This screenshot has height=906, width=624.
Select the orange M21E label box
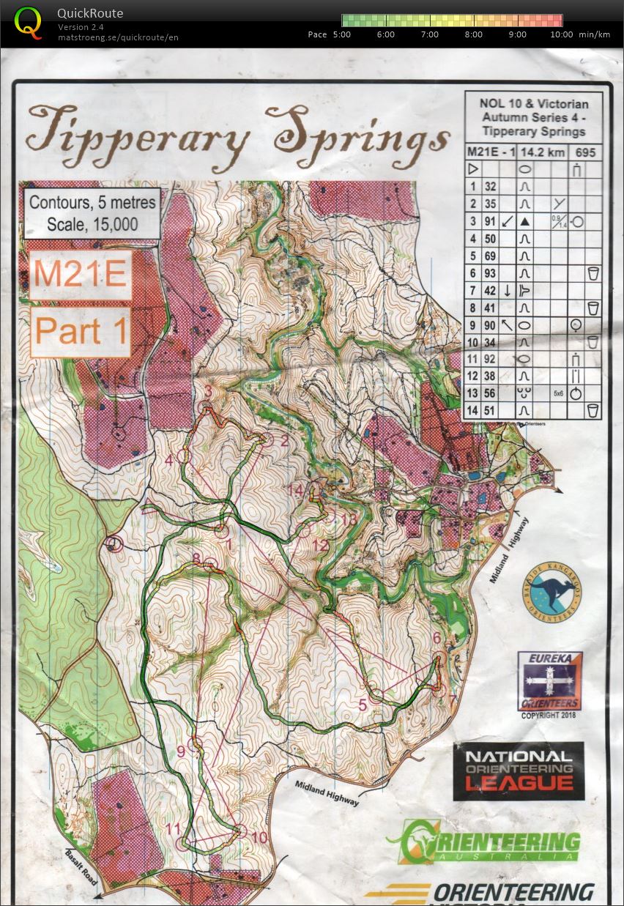coord(80,274)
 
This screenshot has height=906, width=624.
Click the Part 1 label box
coord(80,331)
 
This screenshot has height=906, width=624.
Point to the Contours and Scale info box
coord(92,213)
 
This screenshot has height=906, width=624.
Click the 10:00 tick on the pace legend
coord(561,34)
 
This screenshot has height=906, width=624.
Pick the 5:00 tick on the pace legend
coord(342,34)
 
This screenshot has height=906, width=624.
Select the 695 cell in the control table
coord(585,152)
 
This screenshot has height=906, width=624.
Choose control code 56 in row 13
coord(490,393)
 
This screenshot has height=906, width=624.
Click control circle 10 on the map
coord(240,831)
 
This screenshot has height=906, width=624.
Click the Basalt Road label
coord(81,867)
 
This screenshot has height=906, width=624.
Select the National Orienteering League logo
coord(519,771)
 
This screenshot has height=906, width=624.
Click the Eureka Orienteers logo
coord(549,681)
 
